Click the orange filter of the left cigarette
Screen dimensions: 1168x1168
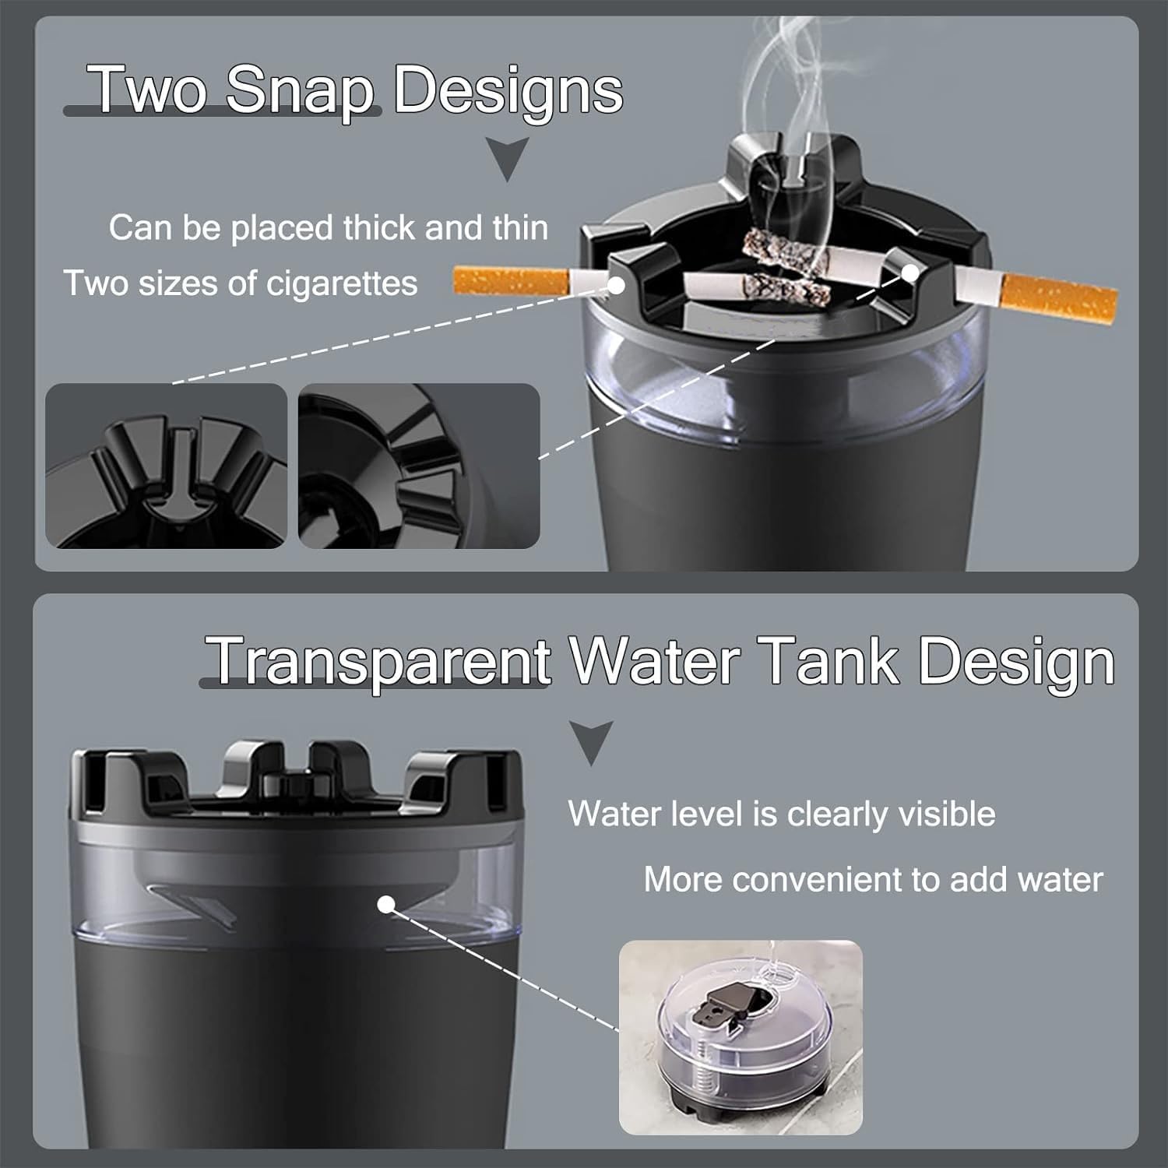510,281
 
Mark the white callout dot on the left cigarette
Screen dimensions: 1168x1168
616,286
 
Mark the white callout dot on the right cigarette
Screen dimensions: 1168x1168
909,272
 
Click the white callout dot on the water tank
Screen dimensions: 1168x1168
385,905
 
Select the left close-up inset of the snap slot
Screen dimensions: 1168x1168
167,466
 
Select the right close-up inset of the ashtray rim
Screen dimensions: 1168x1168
419,466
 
